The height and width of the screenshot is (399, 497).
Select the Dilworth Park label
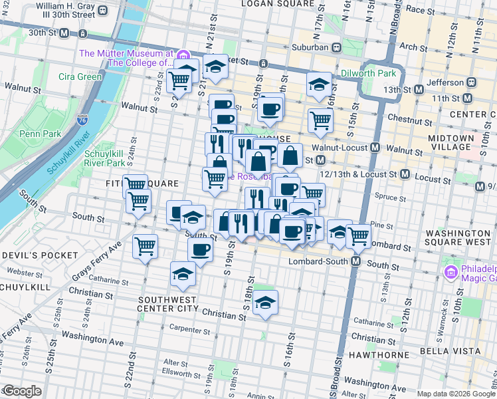click(x=369, y=73)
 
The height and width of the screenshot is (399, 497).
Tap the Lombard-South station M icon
click(x=356, y=261)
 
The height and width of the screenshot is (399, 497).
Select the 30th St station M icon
click(x=64, y=32)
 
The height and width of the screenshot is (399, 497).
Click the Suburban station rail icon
click(x=337, y=47)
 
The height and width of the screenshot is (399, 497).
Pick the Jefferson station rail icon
click(x=471, y=82)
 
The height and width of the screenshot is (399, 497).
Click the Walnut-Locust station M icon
click(x=375, y=147)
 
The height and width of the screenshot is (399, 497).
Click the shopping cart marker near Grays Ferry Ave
click(x=145, y=246)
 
